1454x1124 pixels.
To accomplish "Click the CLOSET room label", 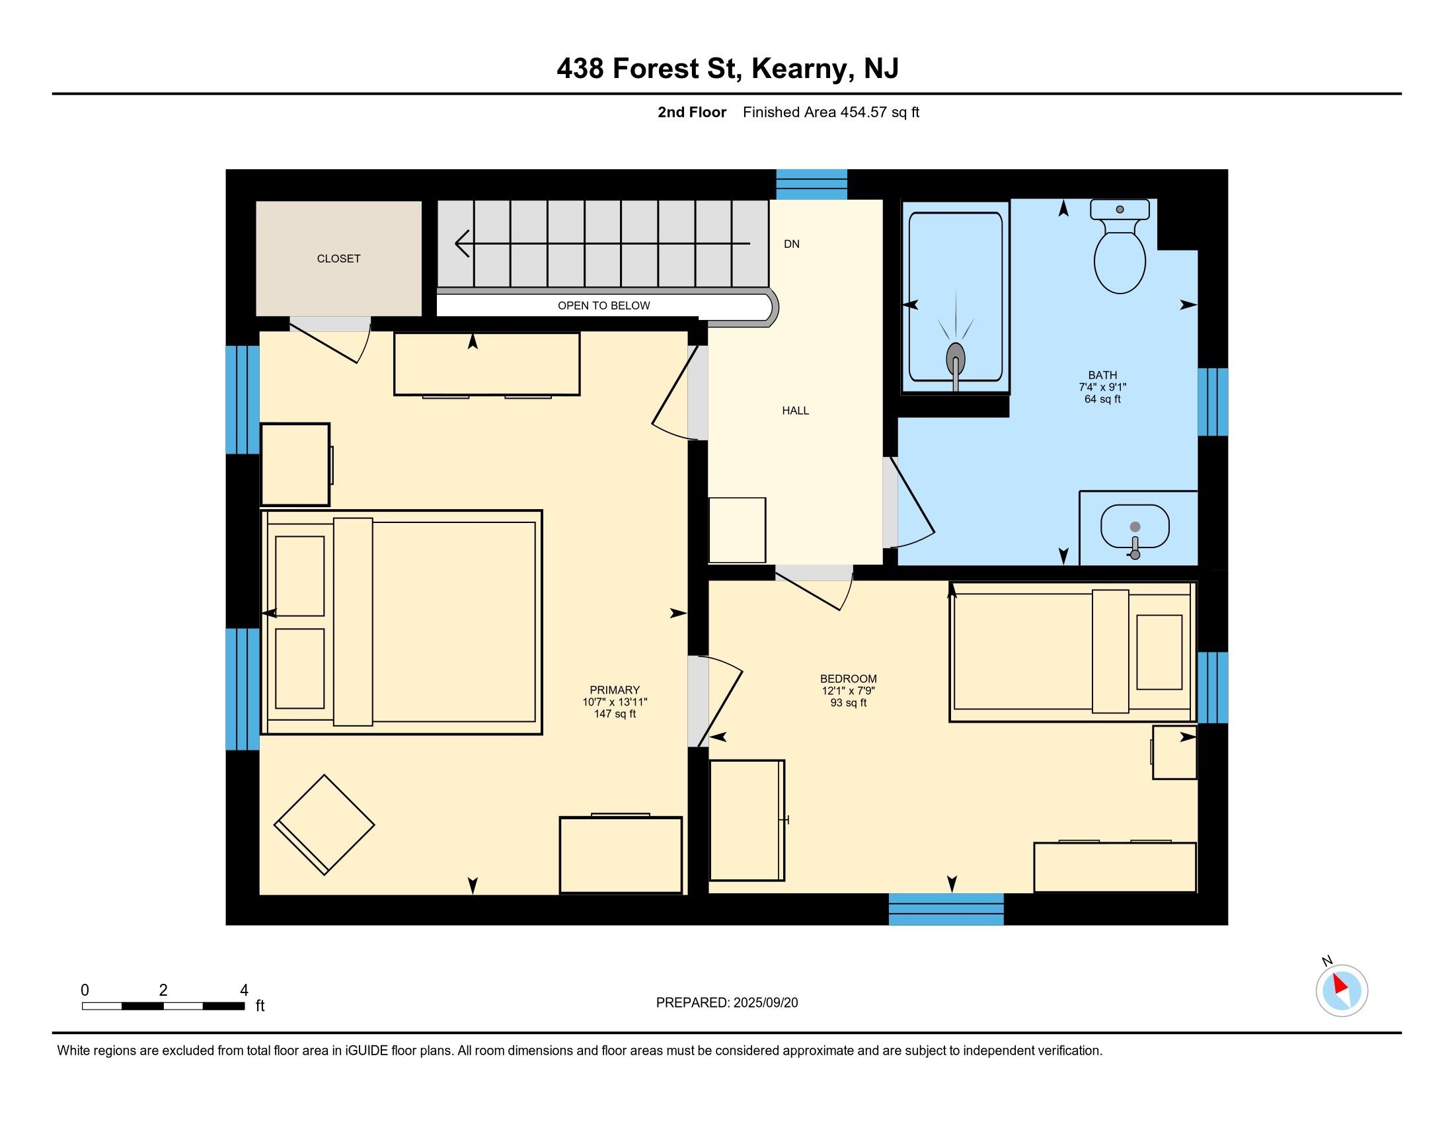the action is [338, 259].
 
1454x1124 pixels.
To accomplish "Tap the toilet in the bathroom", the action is [1120, 246].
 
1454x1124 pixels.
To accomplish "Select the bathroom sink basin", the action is [1135, 527].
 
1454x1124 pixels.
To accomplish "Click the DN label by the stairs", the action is [792, 244].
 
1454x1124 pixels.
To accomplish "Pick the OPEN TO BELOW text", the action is [604, 305].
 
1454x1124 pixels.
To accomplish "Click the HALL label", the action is [796, 410].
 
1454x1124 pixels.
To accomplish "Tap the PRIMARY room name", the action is [615, 690].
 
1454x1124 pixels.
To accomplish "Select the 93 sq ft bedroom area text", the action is [848, 702].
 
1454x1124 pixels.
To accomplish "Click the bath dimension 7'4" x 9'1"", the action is [1102, 387].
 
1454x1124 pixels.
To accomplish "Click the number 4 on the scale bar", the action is [244, 990].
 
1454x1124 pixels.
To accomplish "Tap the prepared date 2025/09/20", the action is [765, 1003].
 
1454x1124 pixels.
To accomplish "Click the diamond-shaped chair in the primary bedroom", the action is [325, 824].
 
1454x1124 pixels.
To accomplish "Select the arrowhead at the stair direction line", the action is [462, 244].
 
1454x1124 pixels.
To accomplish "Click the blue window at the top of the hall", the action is [812, 184].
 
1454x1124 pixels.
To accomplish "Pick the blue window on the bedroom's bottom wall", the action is [946, 910].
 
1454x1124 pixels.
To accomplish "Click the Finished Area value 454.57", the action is [864, 112].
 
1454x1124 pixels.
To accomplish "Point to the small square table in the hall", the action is [737, 530].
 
